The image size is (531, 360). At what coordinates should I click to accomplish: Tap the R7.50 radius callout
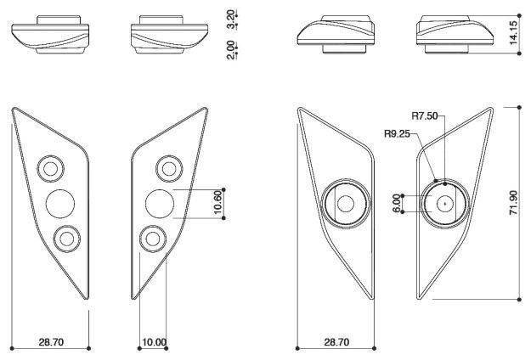[x=424, y=116]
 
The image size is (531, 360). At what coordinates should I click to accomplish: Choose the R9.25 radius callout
[x=398, y=132]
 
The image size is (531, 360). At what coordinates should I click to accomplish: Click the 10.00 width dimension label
[x=154, y=342]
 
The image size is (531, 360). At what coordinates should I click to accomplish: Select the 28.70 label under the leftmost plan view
[x=51, y=342]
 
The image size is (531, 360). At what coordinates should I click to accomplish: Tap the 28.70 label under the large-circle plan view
[x=336, y=342]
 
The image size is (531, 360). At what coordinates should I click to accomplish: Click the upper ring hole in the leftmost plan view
[x=51, y=166]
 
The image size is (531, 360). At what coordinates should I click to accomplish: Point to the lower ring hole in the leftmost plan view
[x=64, y=239]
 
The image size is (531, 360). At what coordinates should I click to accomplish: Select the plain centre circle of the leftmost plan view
[x=59, y=203]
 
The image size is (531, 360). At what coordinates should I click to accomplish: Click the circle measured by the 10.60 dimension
[x=160, y=203]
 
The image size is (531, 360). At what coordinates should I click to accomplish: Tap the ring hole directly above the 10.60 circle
[x=167, y=166]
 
